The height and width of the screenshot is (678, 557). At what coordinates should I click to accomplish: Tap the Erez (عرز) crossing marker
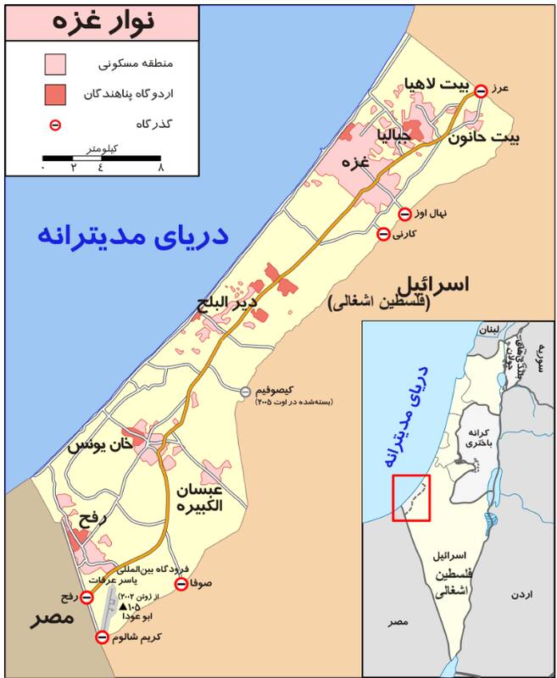coord(480,91)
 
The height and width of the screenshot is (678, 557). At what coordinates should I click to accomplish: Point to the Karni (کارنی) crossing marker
coord(383,233)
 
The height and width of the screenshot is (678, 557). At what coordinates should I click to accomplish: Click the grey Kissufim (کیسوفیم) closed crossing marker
coord(245,392)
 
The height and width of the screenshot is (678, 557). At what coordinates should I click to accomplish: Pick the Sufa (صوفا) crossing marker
coord(181,584)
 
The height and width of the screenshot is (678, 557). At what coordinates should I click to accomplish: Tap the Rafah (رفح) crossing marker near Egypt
coord(86,598)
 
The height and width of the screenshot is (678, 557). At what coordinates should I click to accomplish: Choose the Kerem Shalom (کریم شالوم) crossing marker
coord(103,637)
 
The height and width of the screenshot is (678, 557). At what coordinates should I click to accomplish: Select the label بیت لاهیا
coord(433,86)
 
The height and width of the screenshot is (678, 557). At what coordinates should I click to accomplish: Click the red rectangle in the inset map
coord(411,498)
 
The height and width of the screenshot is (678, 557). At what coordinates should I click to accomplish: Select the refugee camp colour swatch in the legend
coord(56,93)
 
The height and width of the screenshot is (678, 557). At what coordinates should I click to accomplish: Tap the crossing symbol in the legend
coord(56,125)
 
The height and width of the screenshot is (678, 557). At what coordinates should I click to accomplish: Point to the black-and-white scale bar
coord(102,157)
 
